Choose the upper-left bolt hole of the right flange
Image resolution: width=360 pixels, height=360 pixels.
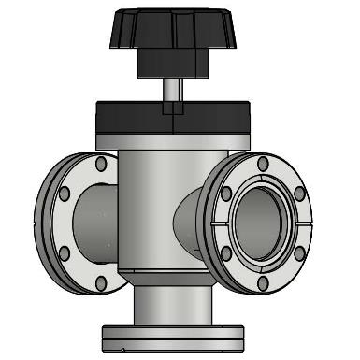(226, 194)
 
